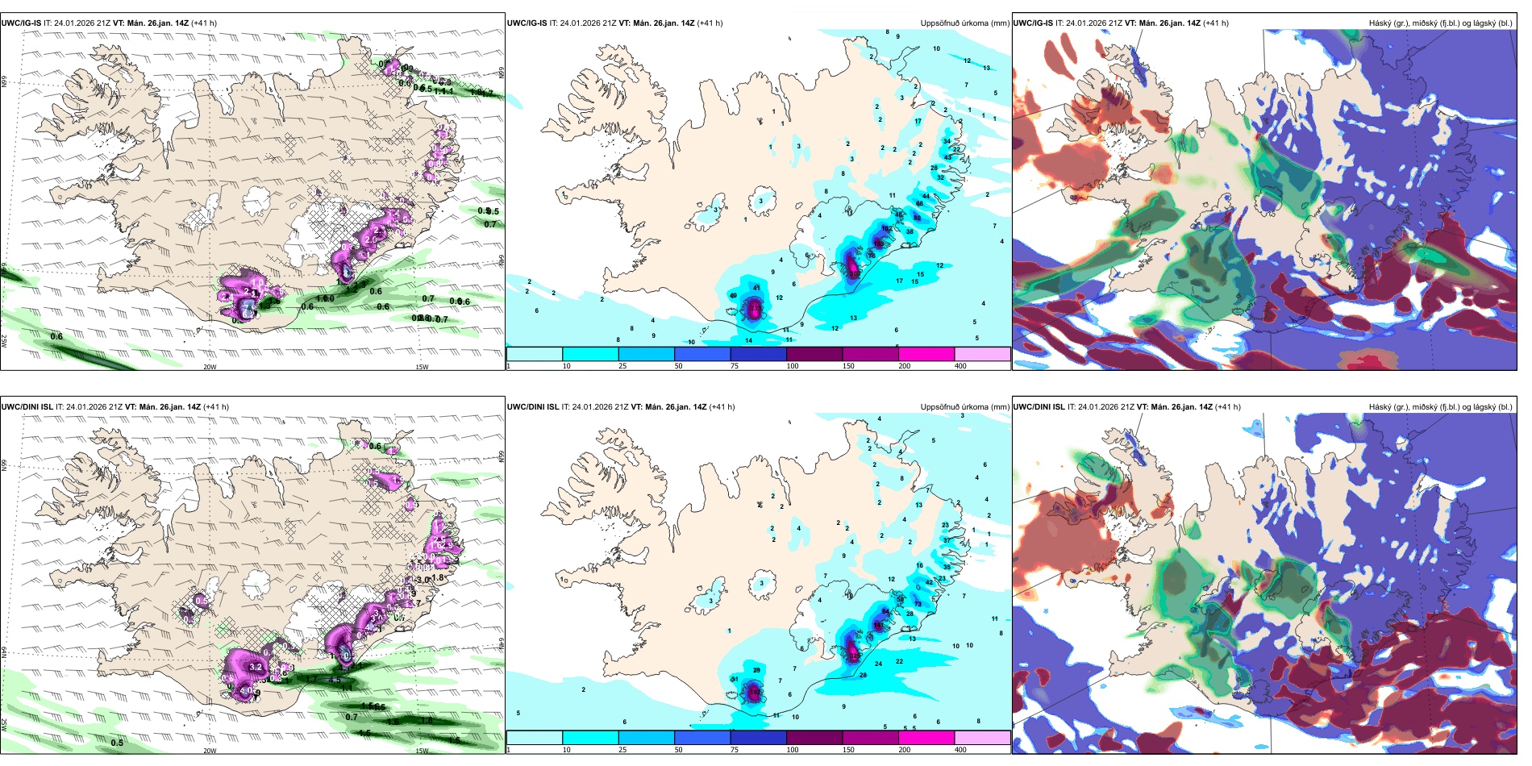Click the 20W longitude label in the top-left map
click(x=210, y=367)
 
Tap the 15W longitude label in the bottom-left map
click(x=421, y=751)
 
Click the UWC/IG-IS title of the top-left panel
click(x=21, y=23)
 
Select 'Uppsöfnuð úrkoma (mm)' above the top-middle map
click(x=964, y=23)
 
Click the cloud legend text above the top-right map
click(x=1440, y=23)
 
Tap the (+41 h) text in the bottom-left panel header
click(x=215, y=407)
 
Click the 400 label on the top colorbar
click(x=960, y=366)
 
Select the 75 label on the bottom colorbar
click(x=735, y=750)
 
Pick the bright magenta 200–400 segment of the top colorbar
click(x=926, y=354)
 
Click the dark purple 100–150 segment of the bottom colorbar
click(x=814, y=738)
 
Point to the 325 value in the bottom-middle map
click(x=854, y=656)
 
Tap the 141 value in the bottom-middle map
click(x=878, y=626)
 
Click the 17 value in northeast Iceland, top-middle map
click(x=918, y=122)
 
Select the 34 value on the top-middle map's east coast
click(x=947, y=141)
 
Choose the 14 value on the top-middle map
click(x=749, y=341)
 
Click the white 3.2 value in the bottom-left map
click(x=256, y=668)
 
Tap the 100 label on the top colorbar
click(x=793, y=366)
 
